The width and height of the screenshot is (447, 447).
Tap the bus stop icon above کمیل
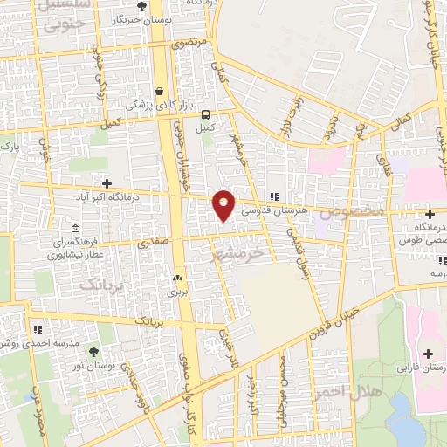pyautogui.click(x=205, y=114)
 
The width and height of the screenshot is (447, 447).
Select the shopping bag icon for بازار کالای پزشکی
pyautogui.click(x=159, y=90)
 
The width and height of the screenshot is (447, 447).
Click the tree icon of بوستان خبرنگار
pyautogui.click(x=141, y=6)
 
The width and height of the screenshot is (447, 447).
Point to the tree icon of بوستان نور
pyautogui.click(x=93, y=353)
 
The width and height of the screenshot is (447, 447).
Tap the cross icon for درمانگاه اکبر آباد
pyautogui.click(x=107, y=183)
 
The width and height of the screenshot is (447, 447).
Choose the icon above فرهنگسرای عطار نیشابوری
pyautogui.click(x=74, y=223)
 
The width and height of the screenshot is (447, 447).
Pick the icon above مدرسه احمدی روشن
pyautogui.click(x=38, y=329)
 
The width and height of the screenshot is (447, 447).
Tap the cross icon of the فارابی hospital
pyautogui.click(x=428, y=354)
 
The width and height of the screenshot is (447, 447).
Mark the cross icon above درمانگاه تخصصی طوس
pyautogui.click(x=430, y=214)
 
